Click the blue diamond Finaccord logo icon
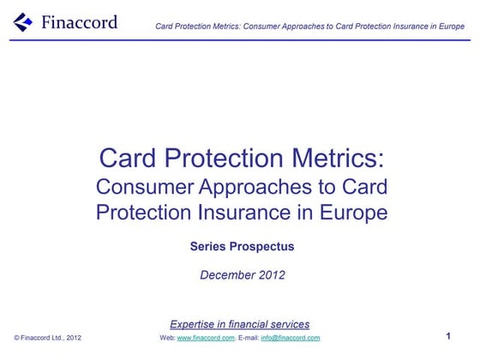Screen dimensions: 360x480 tap(23, 21)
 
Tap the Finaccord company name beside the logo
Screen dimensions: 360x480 tap(79, 22)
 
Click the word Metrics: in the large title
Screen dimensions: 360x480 tap(334, 159)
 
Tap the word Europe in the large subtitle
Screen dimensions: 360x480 tap(354, 213)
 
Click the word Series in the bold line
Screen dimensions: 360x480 tap(207, 247)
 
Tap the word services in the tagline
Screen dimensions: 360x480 tap(289, 324)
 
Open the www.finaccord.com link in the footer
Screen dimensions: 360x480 tap(206, 338)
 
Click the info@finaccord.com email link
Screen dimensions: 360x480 tap(291, 338)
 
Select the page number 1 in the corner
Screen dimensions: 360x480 tap(448, 336)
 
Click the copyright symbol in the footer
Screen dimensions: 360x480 tap(16, 338)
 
